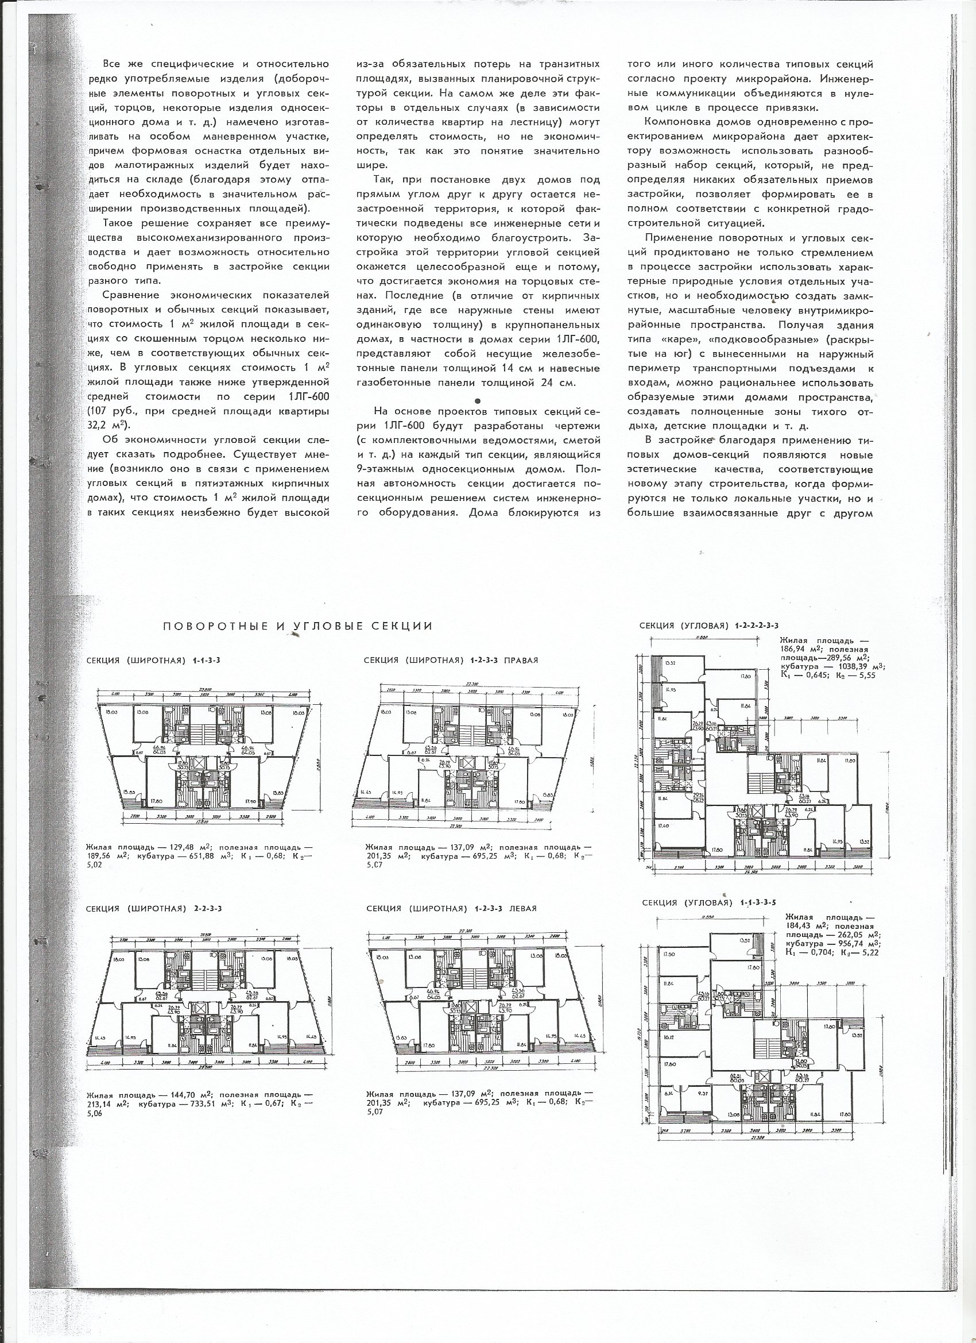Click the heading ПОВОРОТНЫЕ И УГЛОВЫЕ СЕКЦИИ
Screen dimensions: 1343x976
pos(299,627)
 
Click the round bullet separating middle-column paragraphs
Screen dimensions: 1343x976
pos(485,401)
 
